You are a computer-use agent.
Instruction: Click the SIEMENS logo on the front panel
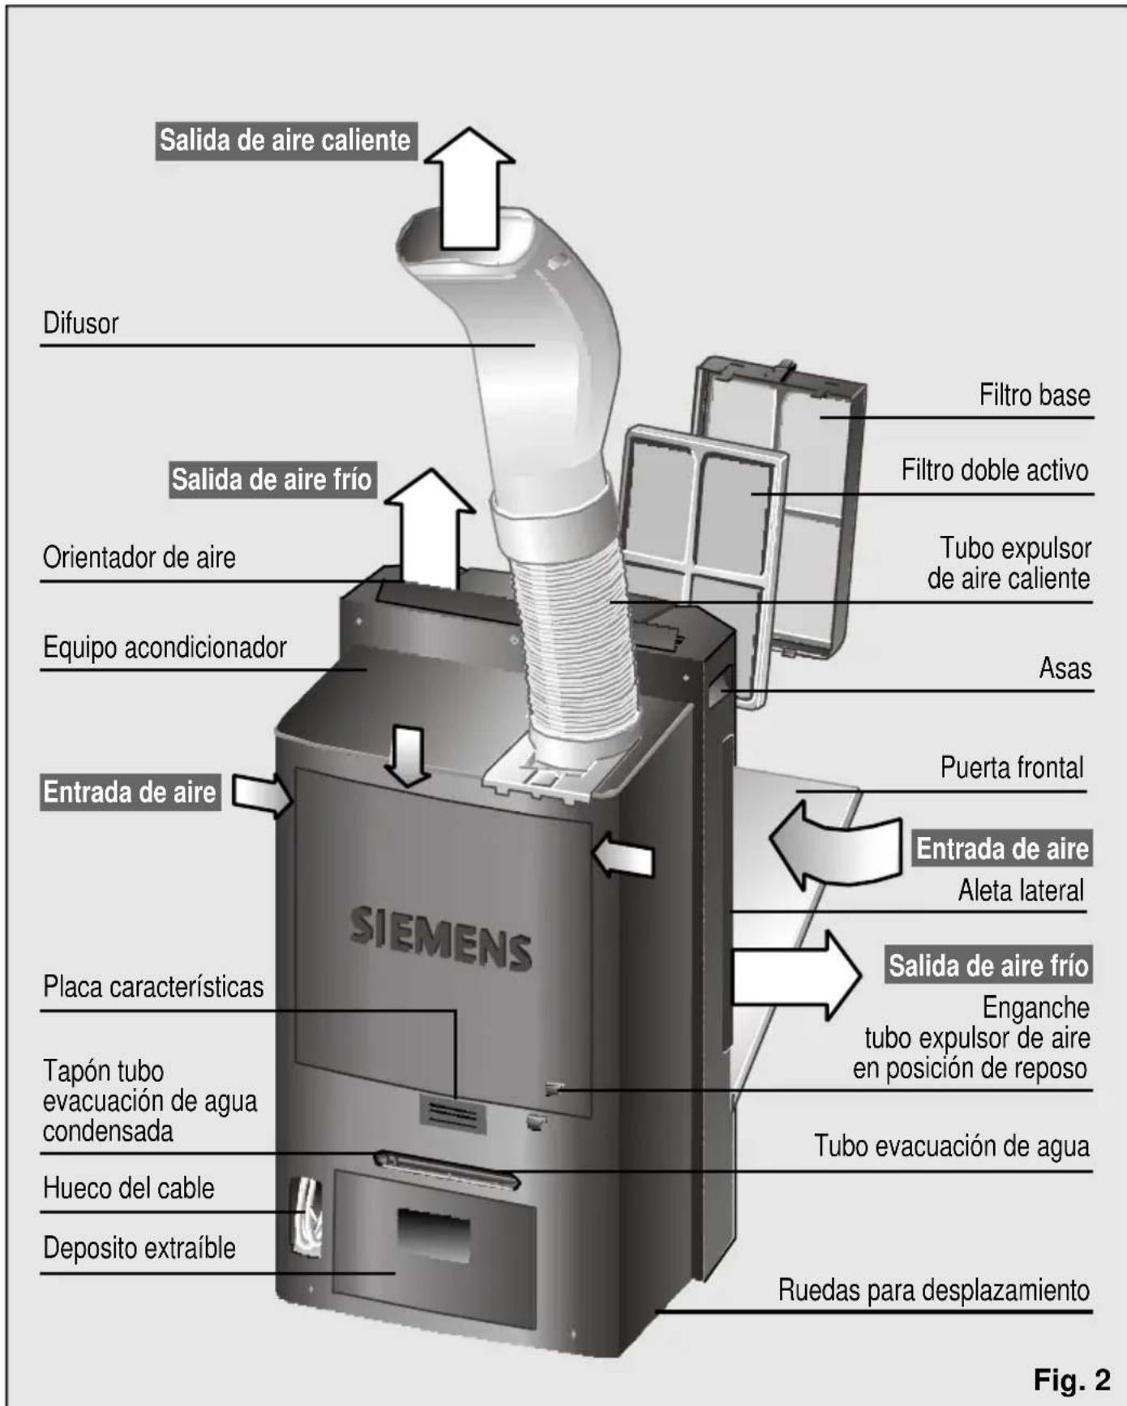point(440,938)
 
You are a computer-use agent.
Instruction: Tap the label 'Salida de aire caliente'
point(285,140)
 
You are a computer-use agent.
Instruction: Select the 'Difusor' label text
point(80,324)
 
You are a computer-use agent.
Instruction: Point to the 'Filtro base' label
point(1034,396)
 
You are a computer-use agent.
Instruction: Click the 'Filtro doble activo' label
point(994,470)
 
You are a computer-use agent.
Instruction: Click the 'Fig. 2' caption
point(1071,1379)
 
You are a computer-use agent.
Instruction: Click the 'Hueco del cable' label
point(128,1189)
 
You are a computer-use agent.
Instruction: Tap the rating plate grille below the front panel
point(452,1114)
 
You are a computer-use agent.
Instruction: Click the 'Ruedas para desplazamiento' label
point(933,1290)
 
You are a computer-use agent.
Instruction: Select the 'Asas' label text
point(1065,669)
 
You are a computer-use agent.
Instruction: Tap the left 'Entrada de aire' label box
point(130,792)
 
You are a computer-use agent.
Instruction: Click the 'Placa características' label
point(152,987)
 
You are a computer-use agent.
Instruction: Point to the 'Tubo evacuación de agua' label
point(951,1147)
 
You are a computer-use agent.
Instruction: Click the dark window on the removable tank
point(433,1234)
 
